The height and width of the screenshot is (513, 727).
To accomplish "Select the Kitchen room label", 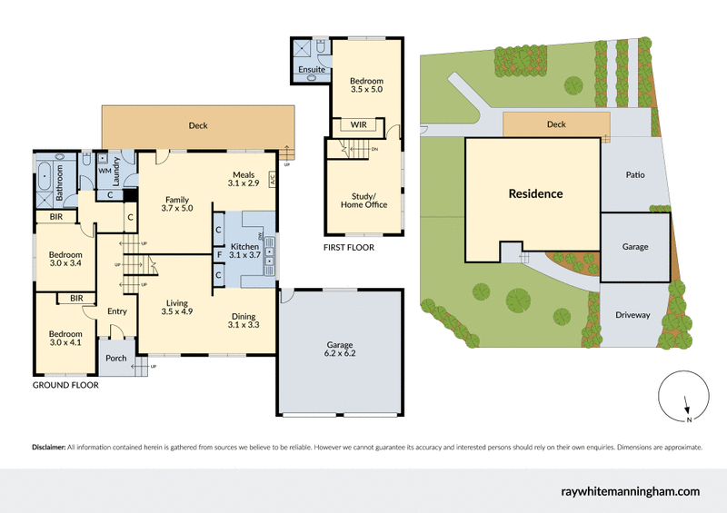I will coord(245,251).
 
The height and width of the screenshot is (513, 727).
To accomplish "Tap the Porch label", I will coord(116,357).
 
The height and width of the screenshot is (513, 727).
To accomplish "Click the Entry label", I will coord(117,311).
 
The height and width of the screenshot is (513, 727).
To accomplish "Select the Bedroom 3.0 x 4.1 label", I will coord(65,339).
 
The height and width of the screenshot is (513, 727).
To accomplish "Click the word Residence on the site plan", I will coord(535,193).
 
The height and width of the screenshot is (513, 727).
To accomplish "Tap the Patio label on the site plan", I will coord(634,174).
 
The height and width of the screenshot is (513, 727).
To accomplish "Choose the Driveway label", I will coord(632,315).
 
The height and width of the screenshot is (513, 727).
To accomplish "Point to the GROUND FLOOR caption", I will coord(65,385).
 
